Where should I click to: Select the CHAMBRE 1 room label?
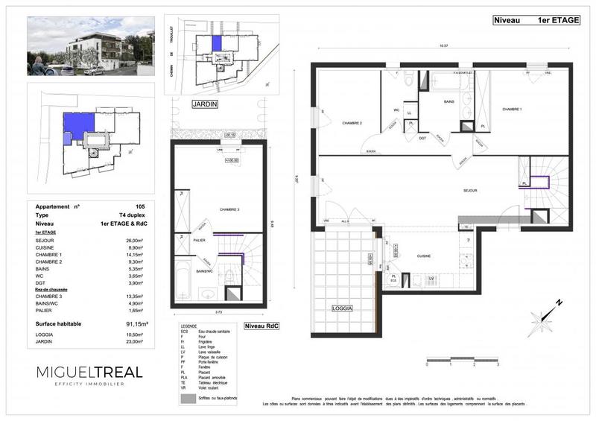click(511, 110)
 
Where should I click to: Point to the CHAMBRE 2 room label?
click(352, 123)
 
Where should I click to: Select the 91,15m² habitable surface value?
click(136, 324)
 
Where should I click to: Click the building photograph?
click(90, 46)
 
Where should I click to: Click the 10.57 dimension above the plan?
click(443, 47)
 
